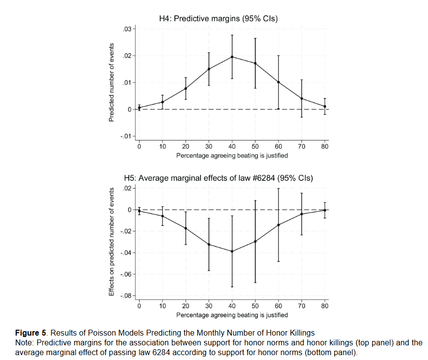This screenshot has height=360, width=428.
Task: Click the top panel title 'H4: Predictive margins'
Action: click(219, 19)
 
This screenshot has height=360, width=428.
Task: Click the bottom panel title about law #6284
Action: click(219, 178)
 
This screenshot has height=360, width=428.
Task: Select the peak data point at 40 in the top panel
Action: click(232, 57)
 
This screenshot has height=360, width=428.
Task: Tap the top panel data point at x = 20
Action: click(186, 88)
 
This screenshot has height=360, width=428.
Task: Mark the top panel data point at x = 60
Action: click(279, 82)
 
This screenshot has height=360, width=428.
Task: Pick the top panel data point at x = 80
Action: click(325, 106)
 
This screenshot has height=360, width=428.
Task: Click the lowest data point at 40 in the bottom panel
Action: click(232, 251)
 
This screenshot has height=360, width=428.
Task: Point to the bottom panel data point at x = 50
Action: click(255, 241)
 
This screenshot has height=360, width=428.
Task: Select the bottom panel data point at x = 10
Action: click(163, 216)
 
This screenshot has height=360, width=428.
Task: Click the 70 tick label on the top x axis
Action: click(302, 146)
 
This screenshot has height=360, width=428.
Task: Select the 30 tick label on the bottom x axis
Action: click(209, 306)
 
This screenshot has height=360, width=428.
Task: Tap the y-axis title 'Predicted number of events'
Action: click(111, 83)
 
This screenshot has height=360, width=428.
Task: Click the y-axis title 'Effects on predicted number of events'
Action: click(111, 242)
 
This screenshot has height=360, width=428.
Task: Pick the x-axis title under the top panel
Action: click(232, 155)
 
